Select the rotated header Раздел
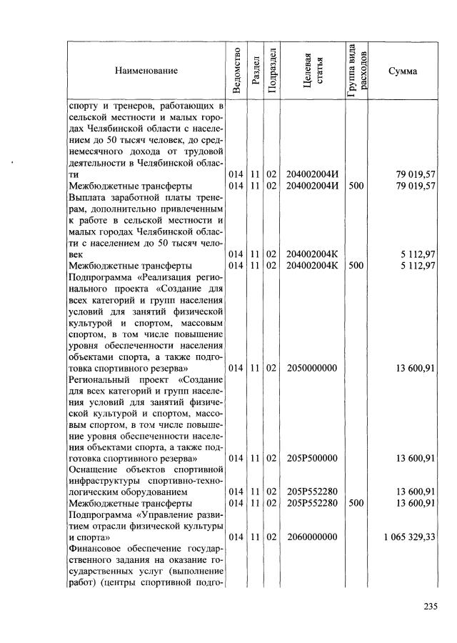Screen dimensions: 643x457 [254, 71]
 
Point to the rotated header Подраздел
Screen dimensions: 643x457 [271, 70]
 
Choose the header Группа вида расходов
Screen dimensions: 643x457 [356, 71]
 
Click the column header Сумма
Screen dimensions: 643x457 [403, 71]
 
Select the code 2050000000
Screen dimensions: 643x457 [311, 368]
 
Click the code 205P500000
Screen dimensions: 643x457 [311, 458]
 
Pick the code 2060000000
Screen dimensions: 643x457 [311, 537]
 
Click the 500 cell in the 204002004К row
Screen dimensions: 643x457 [356, 265]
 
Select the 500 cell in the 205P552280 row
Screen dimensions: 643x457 [356, 504]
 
